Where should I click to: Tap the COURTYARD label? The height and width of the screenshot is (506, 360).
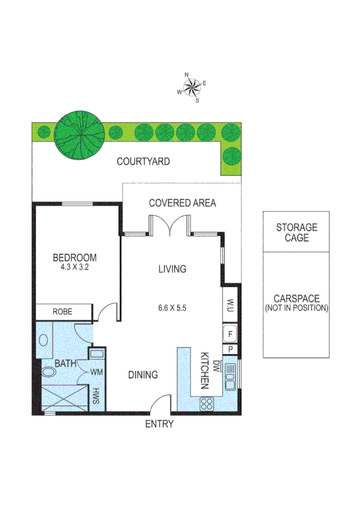point(143,162)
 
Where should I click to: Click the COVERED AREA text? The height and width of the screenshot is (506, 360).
point(182,203)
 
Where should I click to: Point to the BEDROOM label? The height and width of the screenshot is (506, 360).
point(74,258)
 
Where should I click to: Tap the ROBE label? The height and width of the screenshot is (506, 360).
point(63,312)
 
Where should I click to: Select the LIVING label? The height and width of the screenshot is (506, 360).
point(172,269)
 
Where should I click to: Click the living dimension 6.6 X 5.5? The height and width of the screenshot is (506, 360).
point(171,308)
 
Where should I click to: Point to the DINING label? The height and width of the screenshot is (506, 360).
point(143,375)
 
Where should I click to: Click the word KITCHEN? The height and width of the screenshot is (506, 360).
point(205,371)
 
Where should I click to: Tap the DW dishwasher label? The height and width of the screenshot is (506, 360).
point(216,365)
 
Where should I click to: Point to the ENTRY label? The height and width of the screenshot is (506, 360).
point(159,424)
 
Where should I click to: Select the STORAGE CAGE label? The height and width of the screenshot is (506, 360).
point(297,233)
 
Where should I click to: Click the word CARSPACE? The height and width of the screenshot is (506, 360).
point(297,299)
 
